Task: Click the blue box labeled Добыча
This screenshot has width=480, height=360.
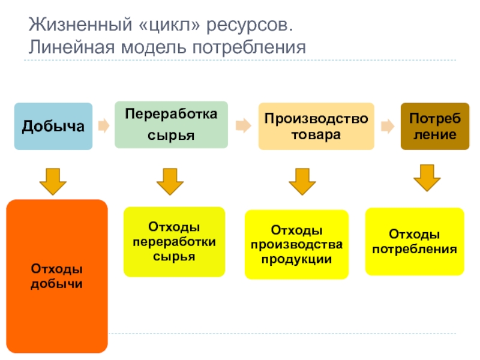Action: pos(53,126)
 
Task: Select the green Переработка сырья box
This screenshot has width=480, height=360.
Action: pos(171,125)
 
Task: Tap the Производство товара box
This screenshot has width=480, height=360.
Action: pos(316,126)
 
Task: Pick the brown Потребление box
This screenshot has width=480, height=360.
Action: pos(435,126)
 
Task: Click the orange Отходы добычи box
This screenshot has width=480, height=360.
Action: pos(57,276)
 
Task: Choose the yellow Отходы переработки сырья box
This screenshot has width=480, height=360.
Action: pos(174,242)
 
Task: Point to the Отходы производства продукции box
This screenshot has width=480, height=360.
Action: pos(296,244)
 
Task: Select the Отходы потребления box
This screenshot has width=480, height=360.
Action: pos(415,242)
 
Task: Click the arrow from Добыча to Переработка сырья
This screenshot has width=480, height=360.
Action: pos(104,125)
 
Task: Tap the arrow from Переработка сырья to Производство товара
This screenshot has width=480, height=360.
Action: pos(244,125)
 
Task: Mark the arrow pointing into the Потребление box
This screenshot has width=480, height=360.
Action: pos(388,126)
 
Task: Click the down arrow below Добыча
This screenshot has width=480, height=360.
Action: pos(53,182)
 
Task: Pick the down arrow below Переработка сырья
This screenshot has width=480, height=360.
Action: pos(170,182)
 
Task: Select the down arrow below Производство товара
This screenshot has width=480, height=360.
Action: pos(302,182)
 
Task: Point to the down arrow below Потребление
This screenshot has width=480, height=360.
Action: pos(427,178)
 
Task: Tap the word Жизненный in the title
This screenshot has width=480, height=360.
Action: pos(80,25)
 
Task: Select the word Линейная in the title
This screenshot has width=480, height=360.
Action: pos(71,47)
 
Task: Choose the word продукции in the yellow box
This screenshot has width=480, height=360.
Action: pos(296,259)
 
